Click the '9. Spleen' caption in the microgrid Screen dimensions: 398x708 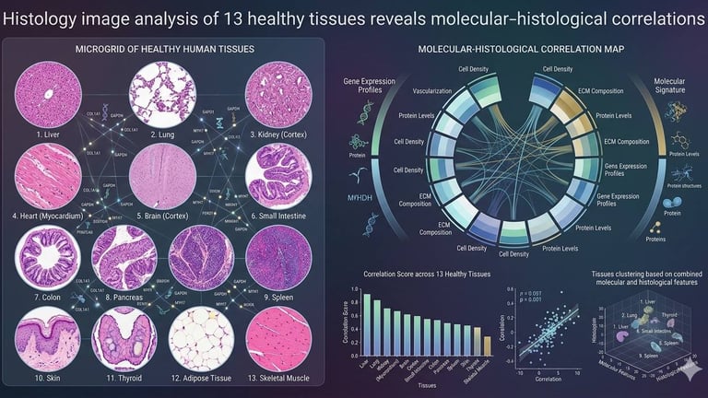pyautogui.click(x=278, y=299)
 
